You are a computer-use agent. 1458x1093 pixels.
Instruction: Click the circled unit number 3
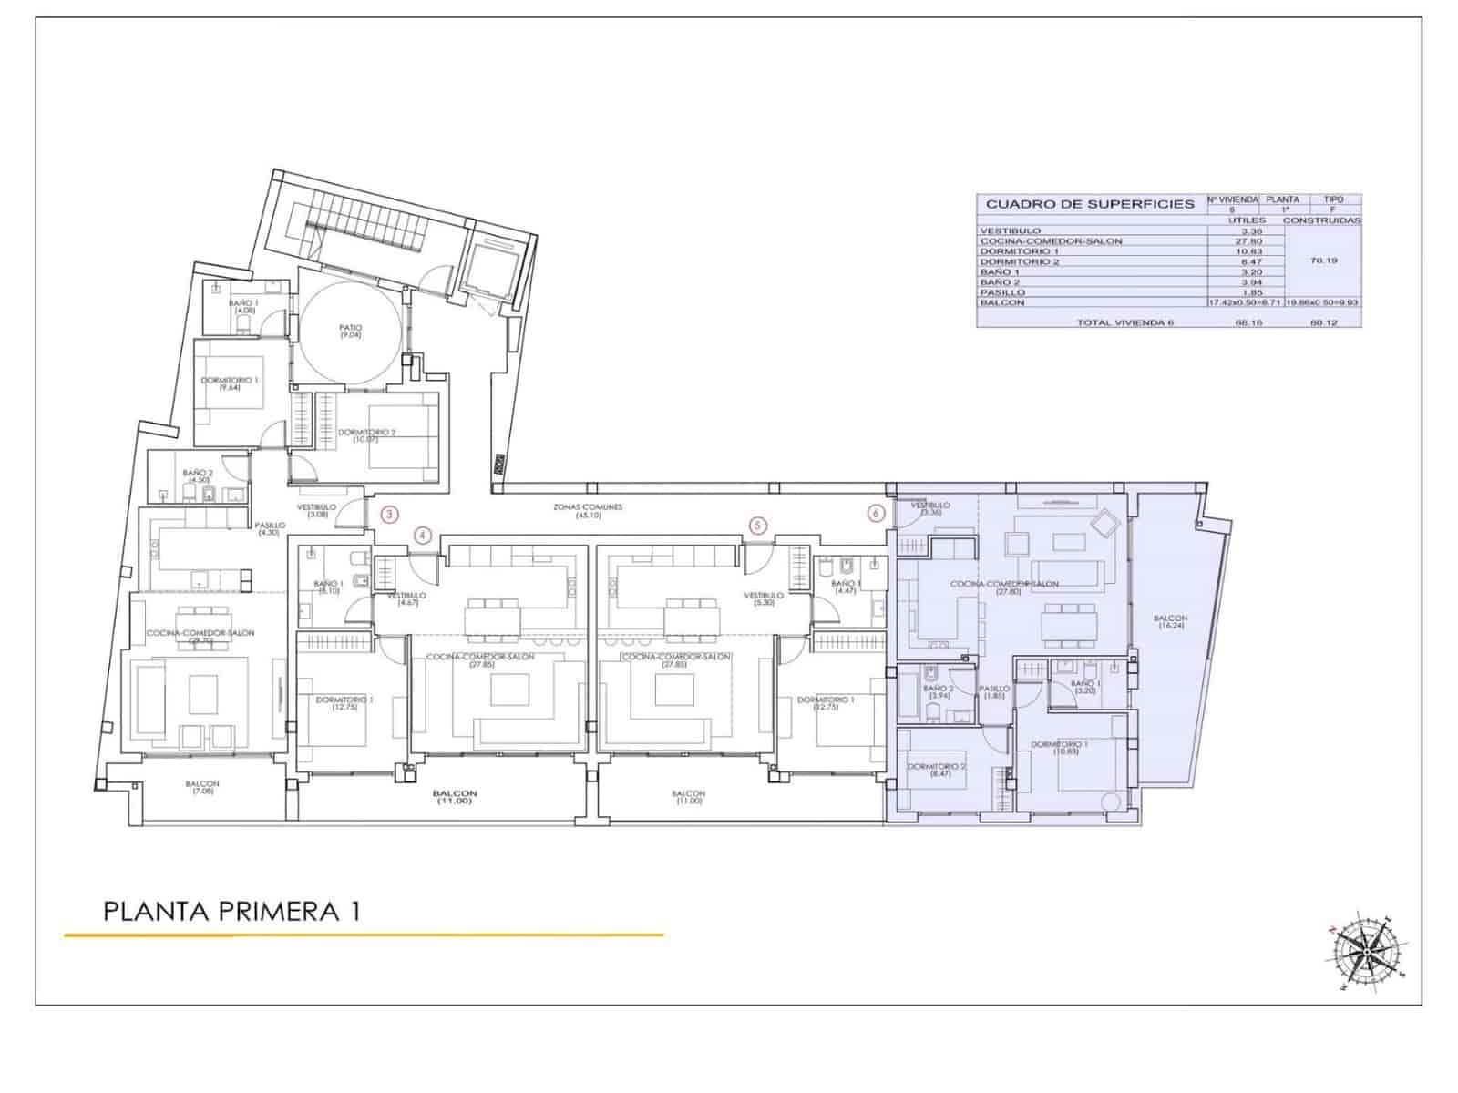(x=389, y=514)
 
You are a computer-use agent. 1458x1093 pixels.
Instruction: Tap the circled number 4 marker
(x=423, y=535)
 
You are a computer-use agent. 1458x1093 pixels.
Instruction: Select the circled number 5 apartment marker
(x=758, y=526)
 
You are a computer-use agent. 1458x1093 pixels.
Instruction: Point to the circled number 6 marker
(x=876, y=514)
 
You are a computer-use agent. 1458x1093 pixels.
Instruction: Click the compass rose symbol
(x=1365, y=951)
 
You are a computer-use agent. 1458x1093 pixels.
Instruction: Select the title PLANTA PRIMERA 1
(x=231, y=911)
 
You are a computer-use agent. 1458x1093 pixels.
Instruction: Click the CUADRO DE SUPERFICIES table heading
(x=1090, y=204)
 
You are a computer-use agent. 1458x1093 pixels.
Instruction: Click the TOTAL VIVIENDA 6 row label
(x=1124, y=322)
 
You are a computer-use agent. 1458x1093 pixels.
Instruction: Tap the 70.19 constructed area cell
(x=1323, y=260)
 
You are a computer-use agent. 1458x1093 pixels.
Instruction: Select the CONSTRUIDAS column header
(x=1322, y=220)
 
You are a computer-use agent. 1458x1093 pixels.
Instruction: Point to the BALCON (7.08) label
(x=202, y=788)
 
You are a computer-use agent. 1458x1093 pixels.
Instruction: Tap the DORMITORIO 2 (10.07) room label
(x=366, y=436)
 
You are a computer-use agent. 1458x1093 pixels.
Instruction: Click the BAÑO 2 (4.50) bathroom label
(x=198, y=477)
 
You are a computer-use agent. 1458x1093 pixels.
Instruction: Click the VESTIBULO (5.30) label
(x=764, y=599)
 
